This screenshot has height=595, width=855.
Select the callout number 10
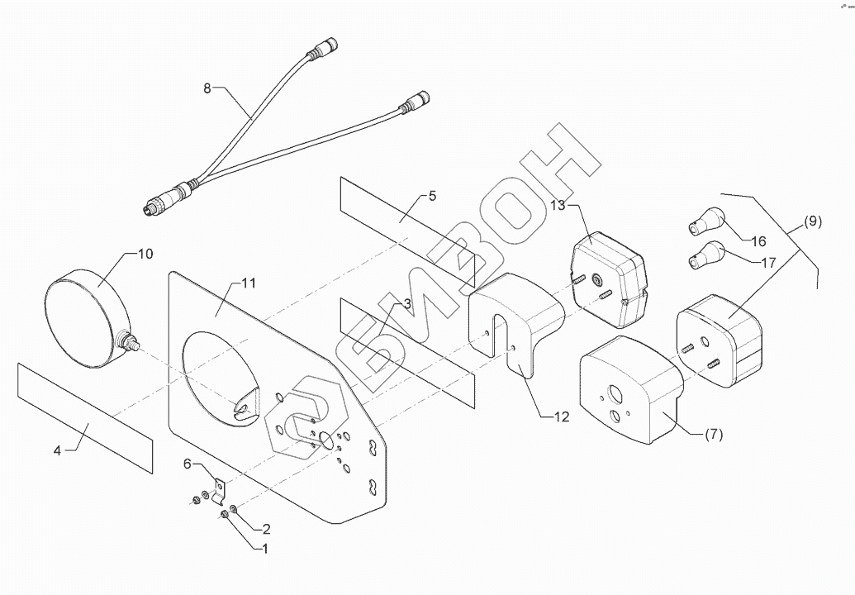pyautogui.click(x=144, y=254)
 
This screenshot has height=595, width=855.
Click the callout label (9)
pyautogui.click(x=812, y=221)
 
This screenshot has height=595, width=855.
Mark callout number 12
pyautogui.click(x=560, y=417)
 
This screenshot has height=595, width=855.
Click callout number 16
pyautogui.click(x=758, y=241)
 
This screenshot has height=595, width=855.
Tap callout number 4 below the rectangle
pyautogui.click(x=57, y=450)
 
